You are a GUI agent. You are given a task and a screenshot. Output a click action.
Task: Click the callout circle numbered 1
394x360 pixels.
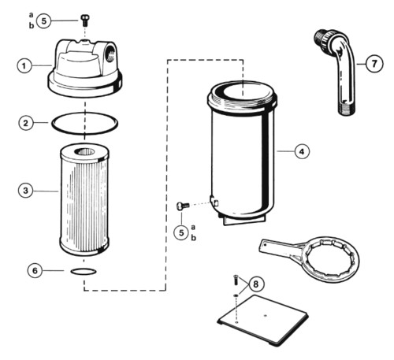pos(24,65)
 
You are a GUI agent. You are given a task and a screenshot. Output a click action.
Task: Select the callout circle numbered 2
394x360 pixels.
pos(26,123)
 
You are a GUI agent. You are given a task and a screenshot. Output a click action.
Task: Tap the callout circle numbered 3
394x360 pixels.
pos(25,191)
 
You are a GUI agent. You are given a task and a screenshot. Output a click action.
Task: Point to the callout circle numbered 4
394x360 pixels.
pos(302,151)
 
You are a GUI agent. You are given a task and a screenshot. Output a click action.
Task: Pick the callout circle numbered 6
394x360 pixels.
pos(35,270)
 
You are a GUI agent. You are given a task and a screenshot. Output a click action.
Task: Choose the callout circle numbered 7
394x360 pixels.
pos(374,64)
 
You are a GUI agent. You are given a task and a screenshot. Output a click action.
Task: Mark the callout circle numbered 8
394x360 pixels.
pos(256,284)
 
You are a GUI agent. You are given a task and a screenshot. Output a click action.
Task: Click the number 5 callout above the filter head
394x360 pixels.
pos(44,20)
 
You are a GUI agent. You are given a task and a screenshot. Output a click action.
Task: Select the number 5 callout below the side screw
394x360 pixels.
pos(181,232)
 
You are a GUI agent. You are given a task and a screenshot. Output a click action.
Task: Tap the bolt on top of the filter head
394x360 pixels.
pos(84,20)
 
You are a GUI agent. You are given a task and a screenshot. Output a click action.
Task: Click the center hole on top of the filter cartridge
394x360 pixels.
pos(84,151)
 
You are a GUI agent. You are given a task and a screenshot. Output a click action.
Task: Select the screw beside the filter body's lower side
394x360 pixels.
pos(183,206)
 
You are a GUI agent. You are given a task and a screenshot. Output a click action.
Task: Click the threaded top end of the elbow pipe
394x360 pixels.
pos(320,37)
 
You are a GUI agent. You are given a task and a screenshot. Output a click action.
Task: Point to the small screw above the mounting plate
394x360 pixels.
pos(236,280)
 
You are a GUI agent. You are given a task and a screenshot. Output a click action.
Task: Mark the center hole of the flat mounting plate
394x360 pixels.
pos(265,315)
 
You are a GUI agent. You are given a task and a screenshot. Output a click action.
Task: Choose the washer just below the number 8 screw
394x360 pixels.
pos(236,296)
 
